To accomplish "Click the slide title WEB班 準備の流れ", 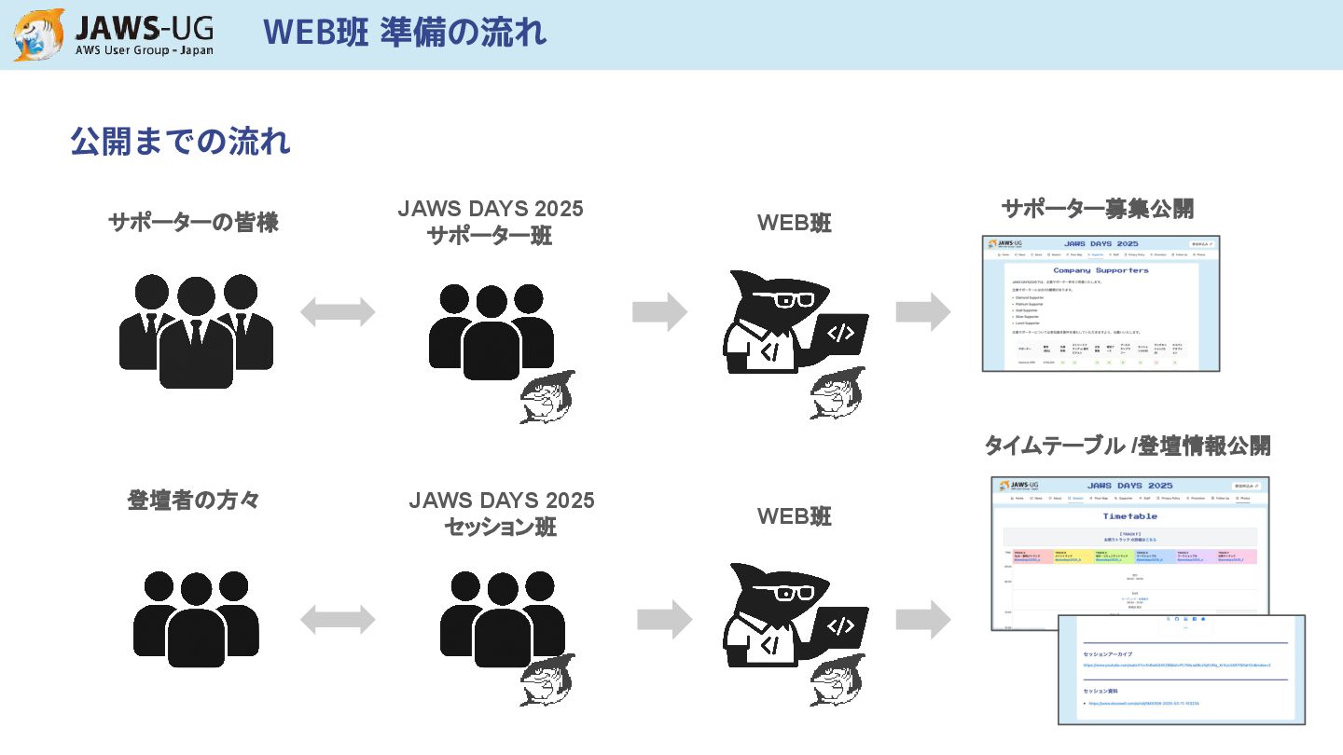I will (x=405, y=33).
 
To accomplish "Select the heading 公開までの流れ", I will (x=180, y=142).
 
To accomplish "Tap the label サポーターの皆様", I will (x=193, y=223).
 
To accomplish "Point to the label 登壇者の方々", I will (x=193, y=501).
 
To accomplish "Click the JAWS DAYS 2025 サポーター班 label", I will (x=491, y=222).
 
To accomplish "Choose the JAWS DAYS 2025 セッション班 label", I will (x=501, y=514).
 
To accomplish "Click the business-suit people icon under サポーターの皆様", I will (x=196, y=331).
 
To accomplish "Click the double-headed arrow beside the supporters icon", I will (x=338, y=312).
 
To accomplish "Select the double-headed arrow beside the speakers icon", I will (x=338, y=619).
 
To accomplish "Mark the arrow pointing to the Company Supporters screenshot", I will (x=923, y=311).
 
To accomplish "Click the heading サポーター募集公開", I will (x=1097, y=209).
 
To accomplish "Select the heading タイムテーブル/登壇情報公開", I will (x=1127, y=446).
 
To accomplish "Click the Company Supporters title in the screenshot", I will (x=1101, y=270).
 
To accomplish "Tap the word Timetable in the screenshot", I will (x=1129, y=515).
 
